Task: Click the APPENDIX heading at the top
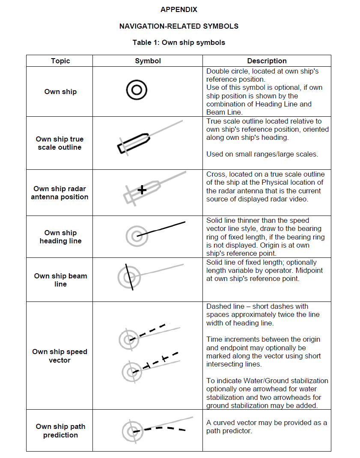pyautogui.click(x=179, y=9)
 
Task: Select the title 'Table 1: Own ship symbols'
pyautogui.click(x=179, y=42)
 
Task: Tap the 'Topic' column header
pyautogui.click(x=60, y=61)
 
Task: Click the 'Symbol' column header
pyautogui.click(x=148, y=61)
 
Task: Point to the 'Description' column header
pyautogui.click(x=267, y=61)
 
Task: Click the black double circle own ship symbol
pyautogui.click(x=137, y=90)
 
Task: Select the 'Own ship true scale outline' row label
pyautogui.click(x=60, y=143)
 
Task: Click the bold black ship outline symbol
pyautogui.click(x=134, y=143)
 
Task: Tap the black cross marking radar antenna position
pyautogui.click(x=142, y=189)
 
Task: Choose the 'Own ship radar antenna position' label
pyautogui.click(x=60, y=193)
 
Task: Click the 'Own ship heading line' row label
pyautogui.click(x=60, y=237)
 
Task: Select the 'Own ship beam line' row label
pyautogui.click(x=60, y=280)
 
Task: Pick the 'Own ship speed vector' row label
pyautogui.click(x=60, y=356)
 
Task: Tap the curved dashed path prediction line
pyautogui.click(x=164, y=428)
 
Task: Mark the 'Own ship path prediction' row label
pyautogui.click(x=60, y=431)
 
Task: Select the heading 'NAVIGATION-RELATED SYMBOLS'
pyautogui.click(x=179, y=26)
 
